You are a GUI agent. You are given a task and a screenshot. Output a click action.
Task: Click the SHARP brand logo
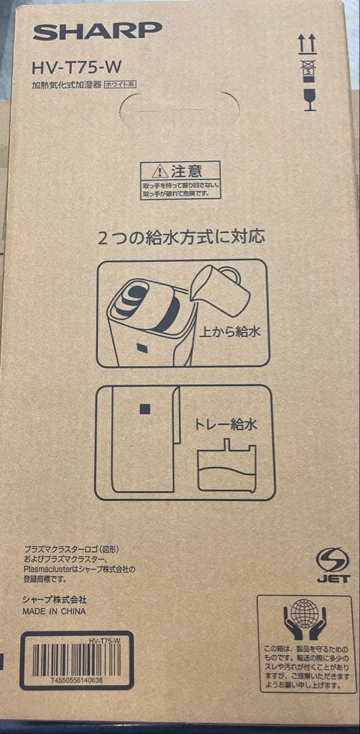97,31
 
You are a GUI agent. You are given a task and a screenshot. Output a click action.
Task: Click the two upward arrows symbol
307,44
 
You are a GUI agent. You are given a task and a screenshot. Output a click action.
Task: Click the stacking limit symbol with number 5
308,68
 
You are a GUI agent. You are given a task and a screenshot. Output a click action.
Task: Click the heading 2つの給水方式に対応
181,237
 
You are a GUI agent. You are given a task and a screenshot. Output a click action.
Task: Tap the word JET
333,578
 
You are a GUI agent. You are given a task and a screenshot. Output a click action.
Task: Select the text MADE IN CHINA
54,611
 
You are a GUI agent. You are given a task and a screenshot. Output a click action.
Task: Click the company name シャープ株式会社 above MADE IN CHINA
54,599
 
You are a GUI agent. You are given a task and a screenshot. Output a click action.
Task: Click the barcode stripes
76,659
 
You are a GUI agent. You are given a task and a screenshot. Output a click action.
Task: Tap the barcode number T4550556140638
76,679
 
